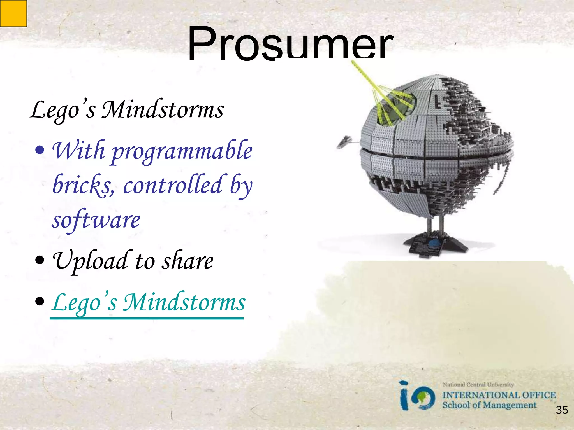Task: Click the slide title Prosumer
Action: tap(290, 43)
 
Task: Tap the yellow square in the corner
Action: tap(13, 13)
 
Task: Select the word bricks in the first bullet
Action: tap(83, 185)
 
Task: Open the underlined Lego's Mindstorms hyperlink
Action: tap(148, 303)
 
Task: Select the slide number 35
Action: tap(562, 410)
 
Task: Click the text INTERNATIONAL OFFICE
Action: tap(499, 395)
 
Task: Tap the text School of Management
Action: tap(489, 405)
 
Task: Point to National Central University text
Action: tap(478, 385)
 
